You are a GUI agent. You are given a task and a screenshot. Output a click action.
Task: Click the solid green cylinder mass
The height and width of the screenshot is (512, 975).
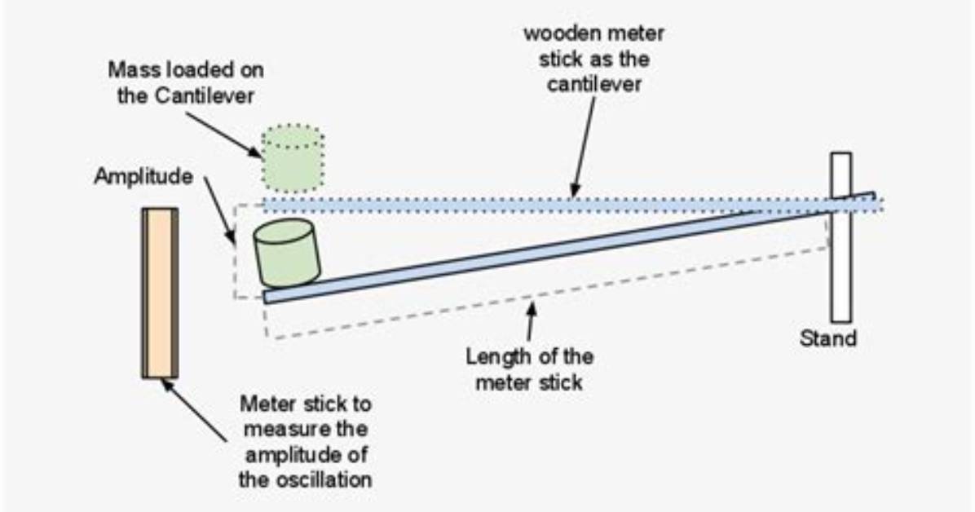(x=286, y=252)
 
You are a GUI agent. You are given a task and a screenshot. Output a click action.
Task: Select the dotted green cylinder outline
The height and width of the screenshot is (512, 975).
(x=292, y=159)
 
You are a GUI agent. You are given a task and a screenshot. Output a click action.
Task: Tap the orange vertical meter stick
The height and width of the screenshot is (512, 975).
(x=160, y=293)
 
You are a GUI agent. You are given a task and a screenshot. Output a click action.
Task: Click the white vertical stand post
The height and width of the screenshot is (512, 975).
(x=840, y=237)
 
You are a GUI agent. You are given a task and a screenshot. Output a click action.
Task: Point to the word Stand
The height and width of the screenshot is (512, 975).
(x=827, y=338)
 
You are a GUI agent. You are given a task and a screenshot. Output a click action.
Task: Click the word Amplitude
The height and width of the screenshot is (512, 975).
(x=143, y=177)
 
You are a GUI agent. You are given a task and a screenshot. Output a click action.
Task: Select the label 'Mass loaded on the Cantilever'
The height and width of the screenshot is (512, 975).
(x=186, y=82)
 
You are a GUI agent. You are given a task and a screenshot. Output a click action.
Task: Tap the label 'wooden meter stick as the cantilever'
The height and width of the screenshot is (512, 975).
(x=593, y=59)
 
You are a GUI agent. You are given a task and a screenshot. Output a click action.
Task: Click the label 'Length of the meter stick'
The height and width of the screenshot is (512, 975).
(x=529, y=369)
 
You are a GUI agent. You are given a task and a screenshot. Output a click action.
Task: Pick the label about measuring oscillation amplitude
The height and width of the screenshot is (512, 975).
(x=306, y=442)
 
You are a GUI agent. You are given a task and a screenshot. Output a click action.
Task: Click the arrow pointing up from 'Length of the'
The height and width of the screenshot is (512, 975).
(x=531, y=321)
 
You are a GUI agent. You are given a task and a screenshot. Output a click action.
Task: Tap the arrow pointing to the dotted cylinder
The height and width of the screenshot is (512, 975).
(x=223, y=135)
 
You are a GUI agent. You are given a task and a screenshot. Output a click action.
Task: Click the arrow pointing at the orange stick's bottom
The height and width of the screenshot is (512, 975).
(x=193, y=410)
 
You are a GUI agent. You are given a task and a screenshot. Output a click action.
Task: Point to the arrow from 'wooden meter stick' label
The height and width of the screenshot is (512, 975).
(x=583, y=147)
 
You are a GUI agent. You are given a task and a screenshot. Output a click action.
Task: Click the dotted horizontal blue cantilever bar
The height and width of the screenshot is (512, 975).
(x=572, y=205)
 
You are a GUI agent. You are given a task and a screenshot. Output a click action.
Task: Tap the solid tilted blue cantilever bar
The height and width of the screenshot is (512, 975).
(x=569, y=248)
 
